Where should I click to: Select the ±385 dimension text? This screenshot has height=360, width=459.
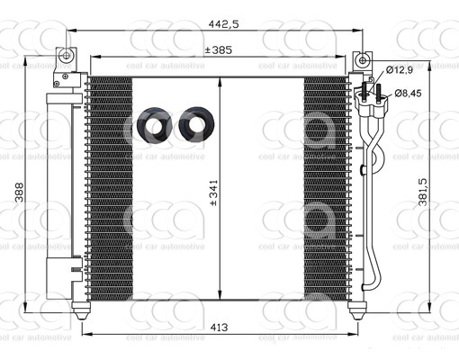point(218,50)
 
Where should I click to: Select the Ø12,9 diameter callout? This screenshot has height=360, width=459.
point(400,69)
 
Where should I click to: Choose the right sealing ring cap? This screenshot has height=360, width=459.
point(194,126)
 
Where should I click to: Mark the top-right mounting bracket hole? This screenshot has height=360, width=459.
point(362,59)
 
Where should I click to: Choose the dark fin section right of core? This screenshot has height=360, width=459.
point(325,189)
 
